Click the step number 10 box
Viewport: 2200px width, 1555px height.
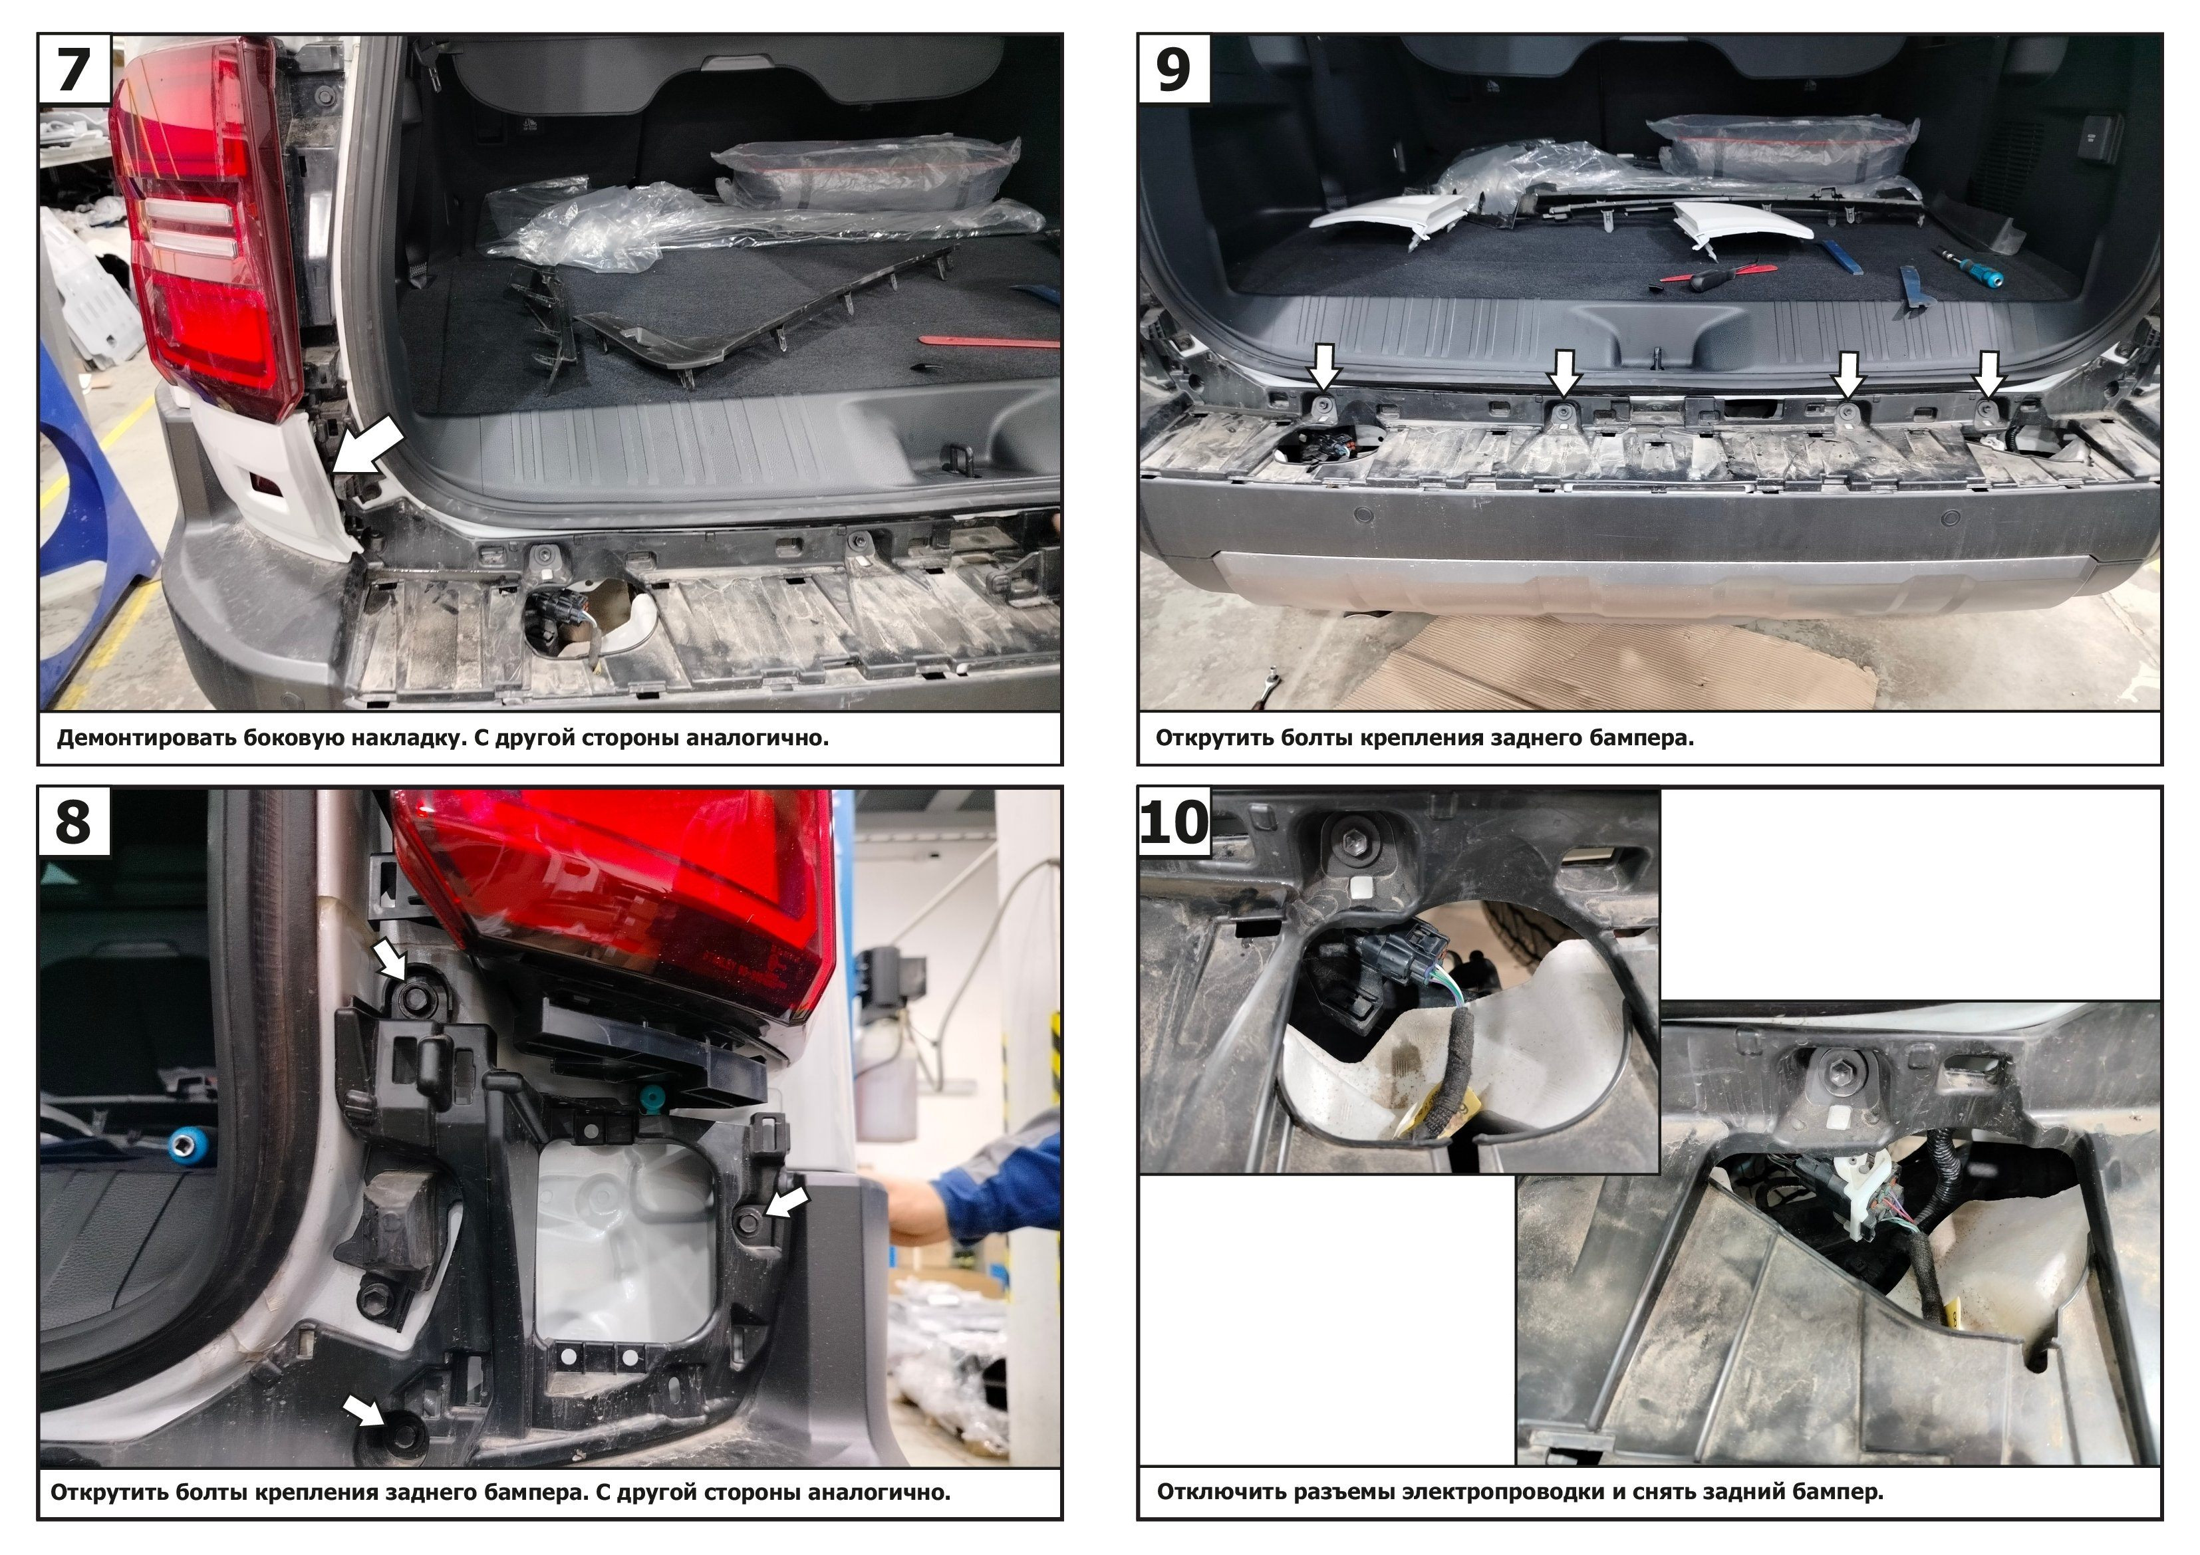(x=1174, y=822)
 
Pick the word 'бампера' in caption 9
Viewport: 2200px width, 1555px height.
(x=1639, y=739)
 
